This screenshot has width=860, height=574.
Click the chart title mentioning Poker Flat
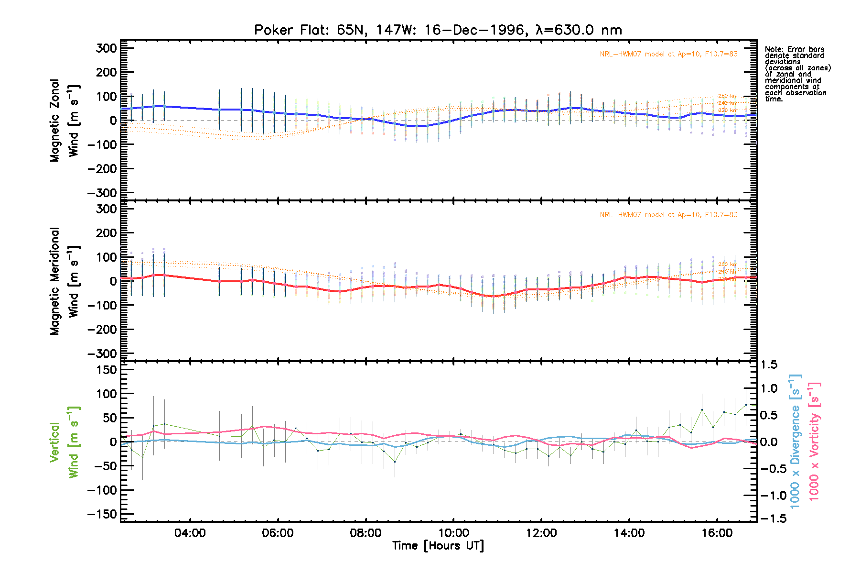tap(438, 30)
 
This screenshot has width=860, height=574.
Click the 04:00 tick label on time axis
tap(190, 533)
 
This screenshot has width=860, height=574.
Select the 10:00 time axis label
tap(453, 533)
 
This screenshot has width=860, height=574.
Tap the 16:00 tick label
tap(717, 533)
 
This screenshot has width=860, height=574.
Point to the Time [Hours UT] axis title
tap(438, 546)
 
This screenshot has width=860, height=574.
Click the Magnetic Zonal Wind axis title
tap(64, 121)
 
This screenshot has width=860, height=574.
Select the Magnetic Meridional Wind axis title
tap(64, 281)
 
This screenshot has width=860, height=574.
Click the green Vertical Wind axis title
tap(64, 442)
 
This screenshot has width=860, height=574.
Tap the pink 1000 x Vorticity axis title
tap(814, 441)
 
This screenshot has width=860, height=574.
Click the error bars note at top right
tap(797, 74)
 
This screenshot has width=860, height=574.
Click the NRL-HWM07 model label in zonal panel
tap(668, 54)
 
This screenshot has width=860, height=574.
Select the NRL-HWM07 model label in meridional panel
tap(668, 215)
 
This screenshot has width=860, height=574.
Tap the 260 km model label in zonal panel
tap(728, 96)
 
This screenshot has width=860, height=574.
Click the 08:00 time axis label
tap(365, 533)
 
